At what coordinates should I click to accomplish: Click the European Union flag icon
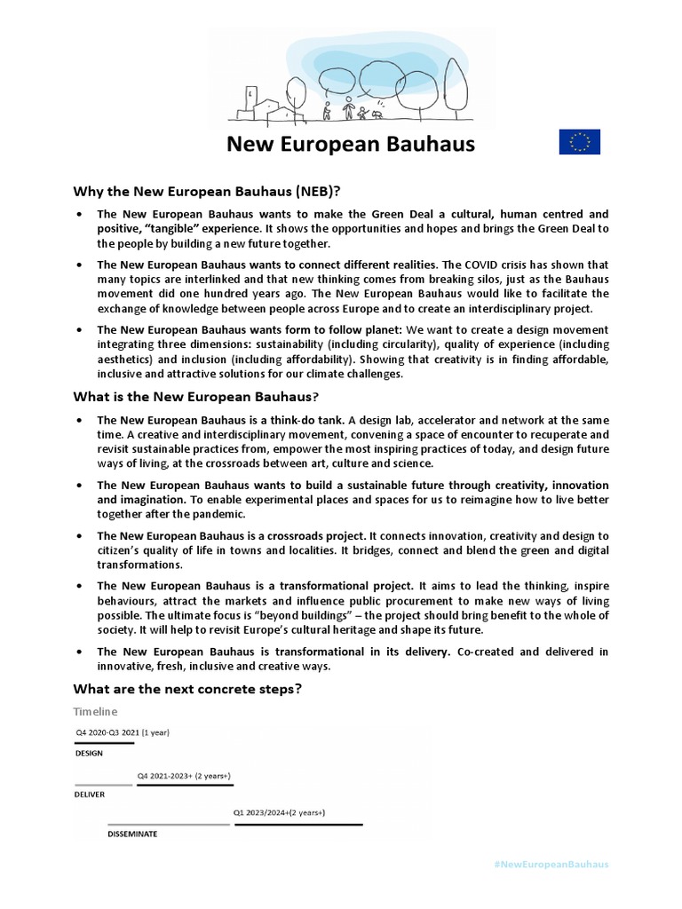coord(579,142)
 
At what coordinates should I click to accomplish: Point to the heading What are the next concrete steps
coord(199,689)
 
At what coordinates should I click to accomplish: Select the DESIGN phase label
coord(88,754)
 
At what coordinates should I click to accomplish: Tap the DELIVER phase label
coord(90,794)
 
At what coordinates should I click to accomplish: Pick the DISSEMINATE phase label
coord(132,835)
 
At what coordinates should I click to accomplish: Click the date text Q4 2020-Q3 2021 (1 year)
coord(122,733)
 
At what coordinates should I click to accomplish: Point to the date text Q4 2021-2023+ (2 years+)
coord(184,776)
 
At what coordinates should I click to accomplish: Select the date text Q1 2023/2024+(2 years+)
coord(279,812)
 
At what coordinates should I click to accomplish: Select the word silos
coord(461,280)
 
